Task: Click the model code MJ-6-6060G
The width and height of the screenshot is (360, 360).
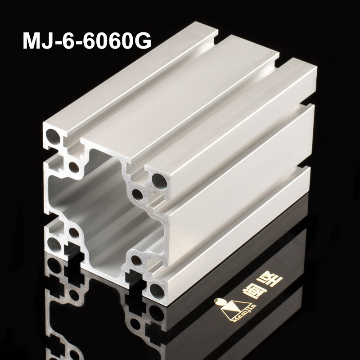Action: coord(86,42)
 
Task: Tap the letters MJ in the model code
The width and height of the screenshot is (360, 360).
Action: coord(36,42)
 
